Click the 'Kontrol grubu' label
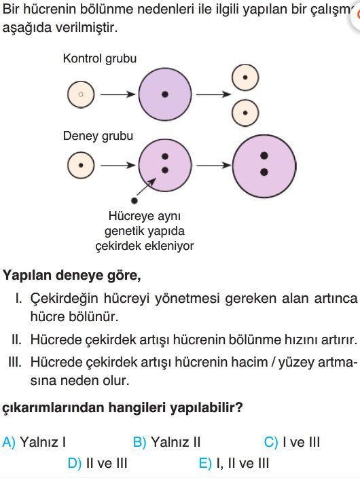(99, 58)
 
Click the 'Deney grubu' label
(98, 136)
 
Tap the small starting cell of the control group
(81, 94)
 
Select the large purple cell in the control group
(165, 94)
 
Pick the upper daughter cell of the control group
(245, 77)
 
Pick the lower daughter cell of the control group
(245, 113)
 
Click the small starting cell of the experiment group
(81, 166)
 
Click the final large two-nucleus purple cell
(264, 166)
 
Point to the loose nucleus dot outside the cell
(134, 200)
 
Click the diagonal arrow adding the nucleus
(147, 187)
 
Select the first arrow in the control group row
(118, 94)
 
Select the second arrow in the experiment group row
(213, 166)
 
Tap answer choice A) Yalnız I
(34, 442)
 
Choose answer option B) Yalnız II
(166, 442)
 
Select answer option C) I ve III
(292, 442)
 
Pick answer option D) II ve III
(97, 463)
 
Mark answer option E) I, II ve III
(234, 463)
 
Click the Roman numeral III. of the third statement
(15, 362)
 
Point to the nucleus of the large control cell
(165, 94)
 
